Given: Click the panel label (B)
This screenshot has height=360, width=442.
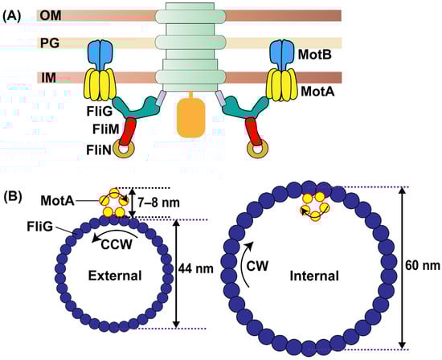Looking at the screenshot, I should [x=17, y=194].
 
